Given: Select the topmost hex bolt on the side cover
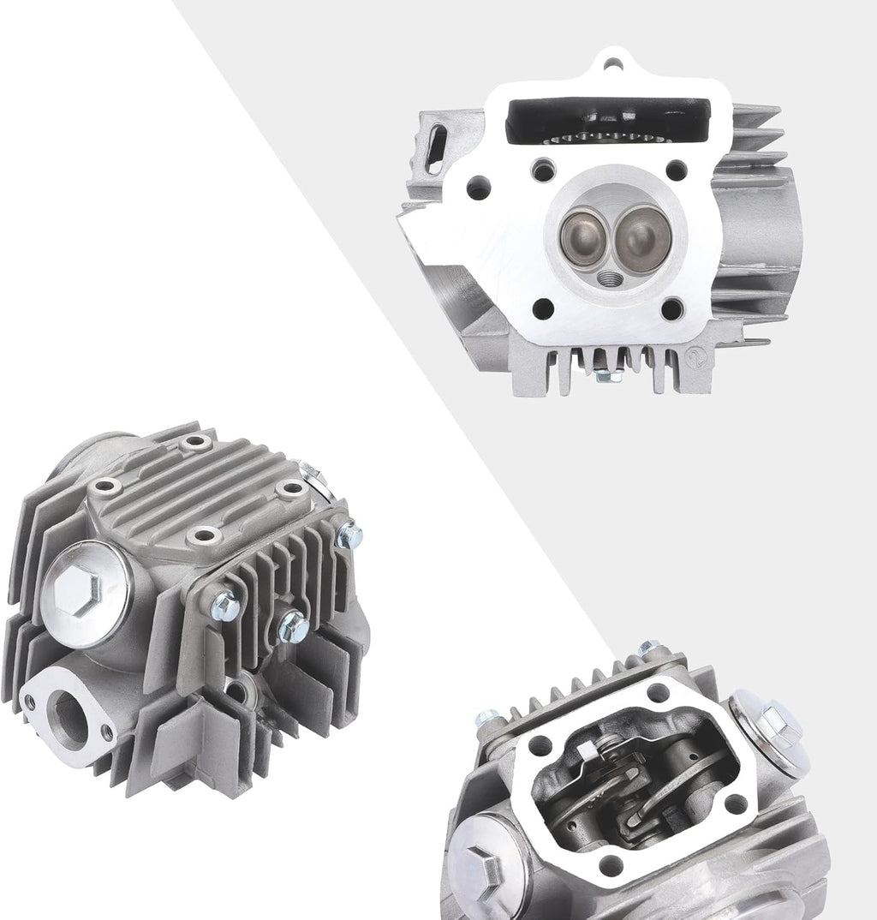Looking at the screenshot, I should (349, 536).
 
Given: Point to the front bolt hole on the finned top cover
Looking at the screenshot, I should (203, 536).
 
